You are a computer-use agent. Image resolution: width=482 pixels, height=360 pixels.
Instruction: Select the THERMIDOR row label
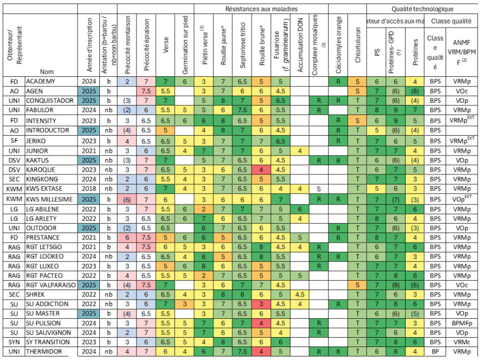tap(45, 352)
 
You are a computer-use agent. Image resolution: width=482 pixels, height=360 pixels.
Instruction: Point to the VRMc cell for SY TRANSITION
tap(462, 342)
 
